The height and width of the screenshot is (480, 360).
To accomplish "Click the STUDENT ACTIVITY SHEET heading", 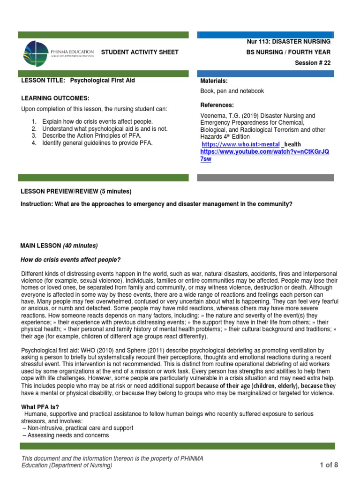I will (x=140, y=52).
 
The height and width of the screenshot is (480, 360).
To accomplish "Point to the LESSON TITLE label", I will (x=45, y=81).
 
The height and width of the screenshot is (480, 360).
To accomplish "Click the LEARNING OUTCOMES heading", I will (x=55, y=98).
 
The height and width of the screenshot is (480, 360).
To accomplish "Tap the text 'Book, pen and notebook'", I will (x=232, y=91).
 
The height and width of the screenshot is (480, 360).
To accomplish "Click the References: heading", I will (x=217, y=105).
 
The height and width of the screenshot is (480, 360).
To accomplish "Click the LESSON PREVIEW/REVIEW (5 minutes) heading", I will (x=76, y=191).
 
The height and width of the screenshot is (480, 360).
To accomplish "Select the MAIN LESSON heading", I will (x=59, y=246).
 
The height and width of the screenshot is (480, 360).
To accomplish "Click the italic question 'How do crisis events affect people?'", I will (x=70, y=260).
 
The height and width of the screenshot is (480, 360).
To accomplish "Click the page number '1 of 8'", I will (x=329, y=465).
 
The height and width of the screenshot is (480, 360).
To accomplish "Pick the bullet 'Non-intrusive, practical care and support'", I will (x=77, y=428).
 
